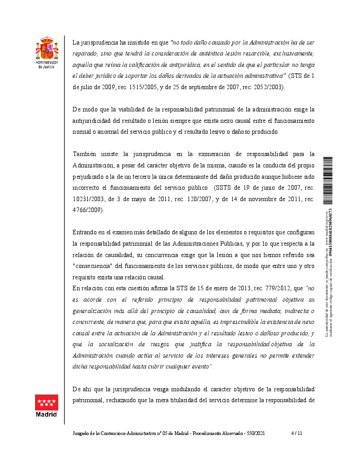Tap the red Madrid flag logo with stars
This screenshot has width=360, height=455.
click(47, 402)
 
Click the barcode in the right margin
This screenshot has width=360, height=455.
click(328, 182)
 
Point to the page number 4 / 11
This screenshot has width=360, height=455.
click(296, 434)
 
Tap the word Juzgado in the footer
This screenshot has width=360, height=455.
click(83, 434)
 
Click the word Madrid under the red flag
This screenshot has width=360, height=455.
click(47, 415)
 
